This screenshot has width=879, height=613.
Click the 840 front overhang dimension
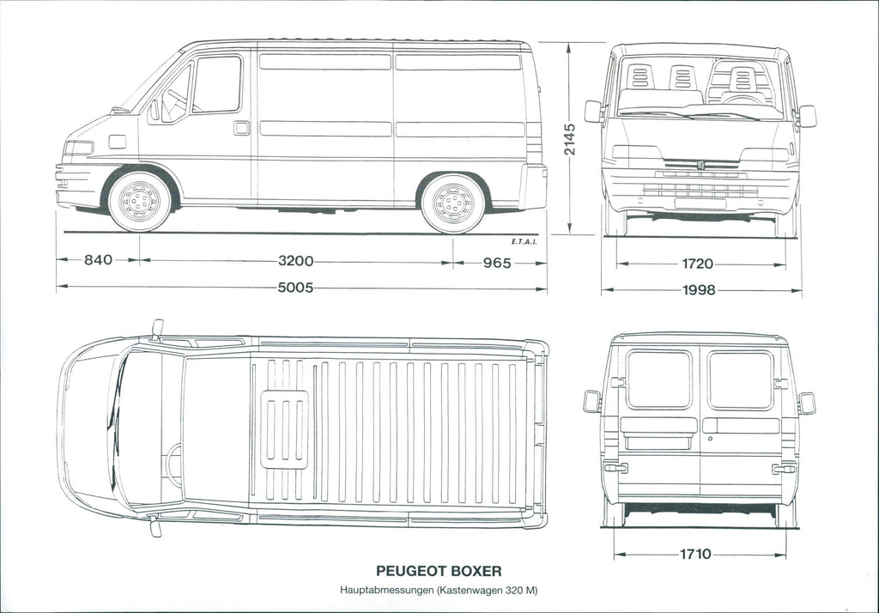(98, 259)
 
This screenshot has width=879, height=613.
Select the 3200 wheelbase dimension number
(295, 261)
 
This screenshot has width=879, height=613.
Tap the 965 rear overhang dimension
(497, 263)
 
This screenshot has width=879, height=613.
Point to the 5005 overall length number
(295, 288)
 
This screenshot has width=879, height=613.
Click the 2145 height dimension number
(570, 140)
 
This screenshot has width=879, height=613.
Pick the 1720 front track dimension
(697, 264)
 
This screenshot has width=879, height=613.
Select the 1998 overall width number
(699, 290)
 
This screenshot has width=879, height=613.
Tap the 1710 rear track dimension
(695, 554)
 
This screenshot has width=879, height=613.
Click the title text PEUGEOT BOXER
(439, 571)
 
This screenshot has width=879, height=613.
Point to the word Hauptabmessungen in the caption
(387, 590)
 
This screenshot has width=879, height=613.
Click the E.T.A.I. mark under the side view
(524, 242)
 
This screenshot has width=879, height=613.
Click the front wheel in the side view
(139, 201)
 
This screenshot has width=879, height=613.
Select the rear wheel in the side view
(453, 203)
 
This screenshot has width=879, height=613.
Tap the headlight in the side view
(78, 148)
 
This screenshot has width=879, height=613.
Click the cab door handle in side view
(241, 128)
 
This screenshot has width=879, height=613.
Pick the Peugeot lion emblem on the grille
(700, 165)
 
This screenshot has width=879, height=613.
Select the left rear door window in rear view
(659, 379)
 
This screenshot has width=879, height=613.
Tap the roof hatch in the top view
(284, 429)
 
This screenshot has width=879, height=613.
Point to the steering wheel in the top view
(173, 465)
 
